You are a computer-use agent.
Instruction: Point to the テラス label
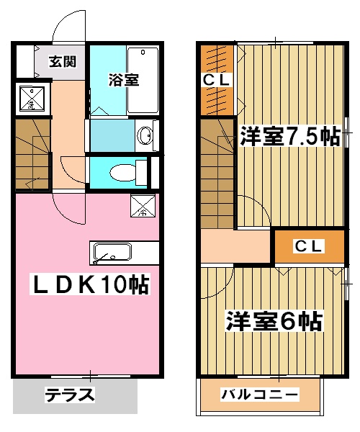click(x=71, y=395)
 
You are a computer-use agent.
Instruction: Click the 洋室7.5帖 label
click(x=289, y=137)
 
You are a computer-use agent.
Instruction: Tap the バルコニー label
click(x=260, y=395)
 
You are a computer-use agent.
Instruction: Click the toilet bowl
click(x=123, y=171)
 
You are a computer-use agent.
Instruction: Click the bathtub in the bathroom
click(x=143, y=81)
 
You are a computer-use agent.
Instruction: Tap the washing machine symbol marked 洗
click(x=30, y=99)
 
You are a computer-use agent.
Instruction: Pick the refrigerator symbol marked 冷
click(x=142, y=207)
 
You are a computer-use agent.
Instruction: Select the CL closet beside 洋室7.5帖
click(x=216, y=79)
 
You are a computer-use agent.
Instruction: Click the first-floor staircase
click(x=32, y=155)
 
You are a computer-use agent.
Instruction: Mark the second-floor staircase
click(x=218, y=173)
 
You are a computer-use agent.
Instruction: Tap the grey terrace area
click(x=76, y=395)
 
